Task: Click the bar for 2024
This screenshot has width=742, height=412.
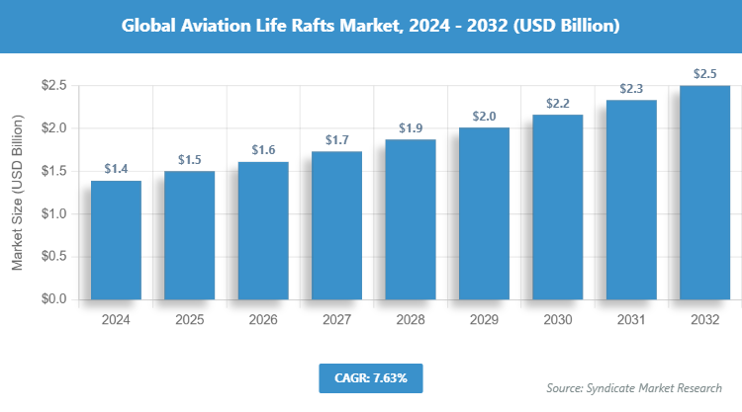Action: click(116, 240)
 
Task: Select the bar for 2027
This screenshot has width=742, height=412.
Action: click(336, 225)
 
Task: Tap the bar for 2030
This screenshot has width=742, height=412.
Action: click(557, 206)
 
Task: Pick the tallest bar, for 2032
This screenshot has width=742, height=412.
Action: click(704, 193)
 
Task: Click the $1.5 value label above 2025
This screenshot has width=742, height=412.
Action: click(190, 159)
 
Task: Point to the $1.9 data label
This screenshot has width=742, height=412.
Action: click(411, 128)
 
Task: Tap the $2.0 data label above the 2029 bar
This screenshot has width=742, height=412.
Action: click(484, 116)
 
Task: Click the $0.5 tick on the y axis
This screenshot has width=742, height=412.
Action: click(52, 256)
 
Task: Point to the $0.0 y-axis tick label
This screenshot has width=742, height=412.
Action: click(52, 299)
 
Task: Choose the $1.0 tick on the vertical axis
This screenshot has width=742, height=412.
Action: click(52, 213)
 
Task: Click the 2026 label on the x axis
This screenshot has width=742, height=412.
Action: click(263, 320)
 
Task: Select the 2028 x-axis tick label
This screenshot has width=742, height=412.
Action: click(411, 320)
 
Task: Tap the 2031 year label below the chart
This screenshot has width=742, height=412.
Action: click(631, 320)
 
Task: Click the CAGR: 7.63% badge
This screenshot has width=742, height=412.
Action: click(371, 377)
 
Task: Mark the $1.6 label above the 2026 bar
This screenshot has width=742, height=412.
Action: click(263, 150)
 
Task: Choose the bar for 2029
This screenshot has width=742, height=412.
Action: click(484, 212)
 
